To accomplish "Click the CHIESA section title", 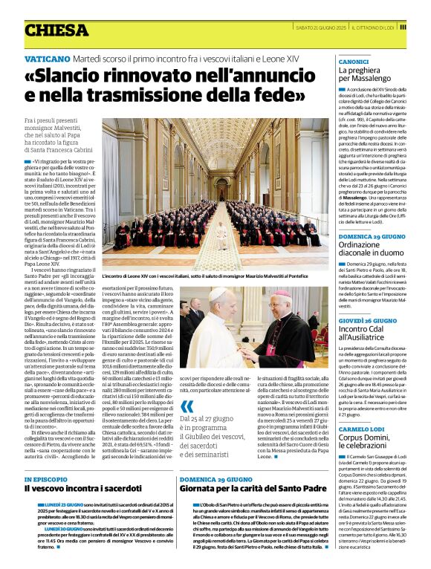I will tap(55, 30).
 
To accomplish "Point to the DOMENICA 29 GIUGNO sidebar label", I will tap(372, 235).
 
